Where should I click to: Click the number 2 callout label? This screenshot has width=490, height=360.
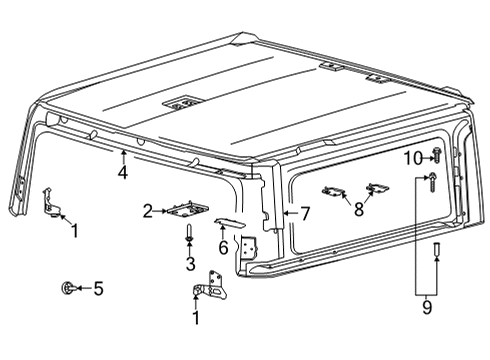147,210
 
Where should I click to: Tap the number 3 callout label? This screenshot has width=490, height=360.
189,264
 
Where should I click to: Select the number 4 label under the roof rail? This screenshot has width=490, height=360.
123,173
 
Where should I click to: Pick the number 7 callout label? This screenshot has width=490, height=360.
307,213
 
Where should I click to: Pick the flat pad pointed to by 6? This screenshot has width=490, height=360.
229,222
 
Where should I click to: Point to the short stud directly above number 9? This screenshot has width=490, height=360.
435,249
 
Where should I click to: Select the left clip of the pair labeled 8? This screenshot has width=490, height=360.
334,192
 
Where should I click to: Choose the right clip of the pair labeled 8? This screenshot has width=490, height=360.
377,187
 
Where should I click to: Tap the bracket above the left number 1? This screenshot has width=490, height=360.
53,200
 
